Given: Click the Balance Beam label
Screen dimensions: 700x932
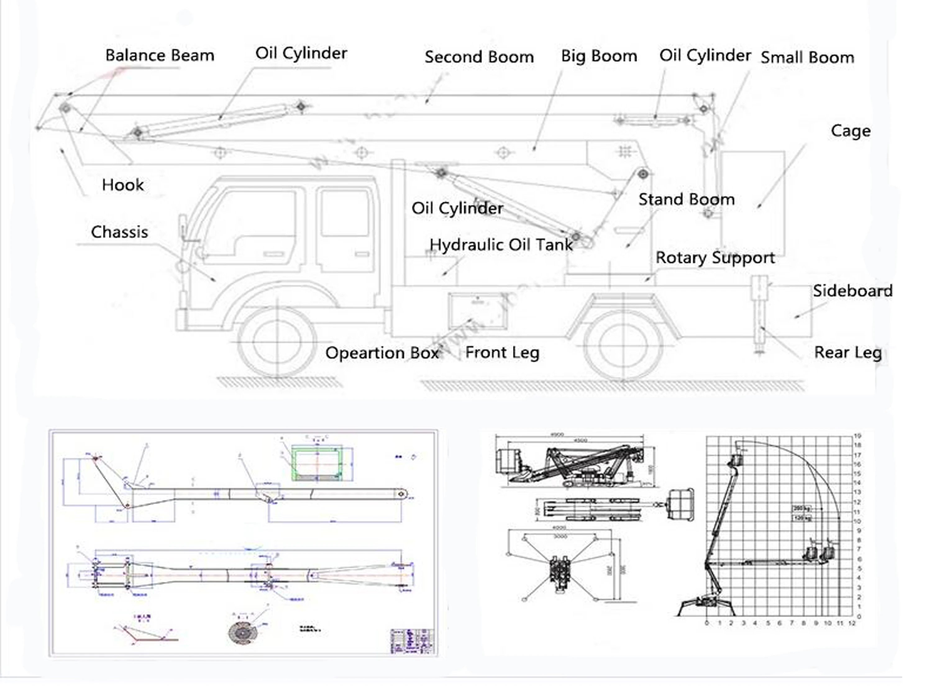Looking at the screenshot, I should [160, 55].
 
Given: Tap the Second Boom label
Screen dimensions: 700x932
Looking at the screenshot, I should [479, 57].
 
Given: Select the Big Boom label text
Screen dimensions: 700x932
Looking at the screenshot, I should [599, 56].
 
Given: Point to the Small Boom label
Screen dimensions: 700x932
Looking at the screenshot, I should [807, 57].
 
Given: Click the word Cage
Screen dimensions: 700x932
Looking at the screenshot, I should [850, 131].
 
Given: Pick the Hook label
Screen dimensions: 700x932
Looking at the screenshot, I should [123, 185].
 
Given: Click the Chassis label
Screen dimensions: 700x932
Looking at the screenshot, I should [120, 232].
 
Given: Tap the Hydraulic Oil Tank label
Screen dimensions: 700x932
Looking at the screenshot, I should [501, 245].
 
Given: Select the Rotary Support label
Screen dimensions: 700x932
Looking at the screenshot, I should [715, 258].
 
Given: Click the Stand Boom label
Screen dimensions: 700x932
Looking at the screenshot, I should [686, 199].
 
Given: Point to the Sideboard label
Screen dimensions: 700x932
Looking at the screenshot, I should [852, 291].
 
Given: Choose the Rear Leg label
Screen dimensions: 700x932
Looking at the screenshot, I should [848, 352].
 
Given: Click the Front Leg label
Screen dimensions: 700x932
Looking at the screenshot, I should [502, 352].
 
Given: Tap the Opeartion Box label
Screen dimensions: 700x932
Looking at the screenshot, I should [382, 353].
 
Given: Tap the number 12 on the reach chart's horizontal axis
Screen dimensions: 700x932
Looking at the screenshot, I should [852, 623].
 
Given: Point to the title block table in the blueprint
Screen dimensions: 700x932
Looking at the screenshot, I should [412, 641].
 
